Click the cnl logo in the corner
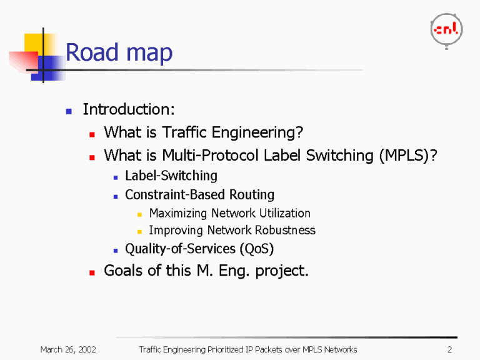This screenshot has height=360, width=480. (446, 29)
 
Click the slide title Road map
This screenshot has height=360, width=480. (119, 53)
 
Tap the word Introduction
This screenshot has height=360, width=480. (128, 110)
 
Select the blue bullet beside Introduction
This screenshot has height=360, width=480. (69, 111)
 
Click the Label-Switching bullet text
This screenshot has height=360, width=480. (171, 176)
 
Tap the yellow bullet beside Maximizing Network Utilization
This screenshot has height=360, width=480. (140, 214)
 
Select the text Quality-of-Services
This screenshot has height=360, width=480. (180, 248)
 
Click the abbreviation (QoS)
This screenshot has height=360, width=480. (256, 248)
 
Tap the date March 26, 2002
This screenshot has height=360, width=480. (67, 349)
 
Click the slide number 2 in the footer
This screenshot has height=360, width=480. (449, 349)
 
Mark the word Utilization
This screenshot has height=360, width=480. (285, 213)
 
